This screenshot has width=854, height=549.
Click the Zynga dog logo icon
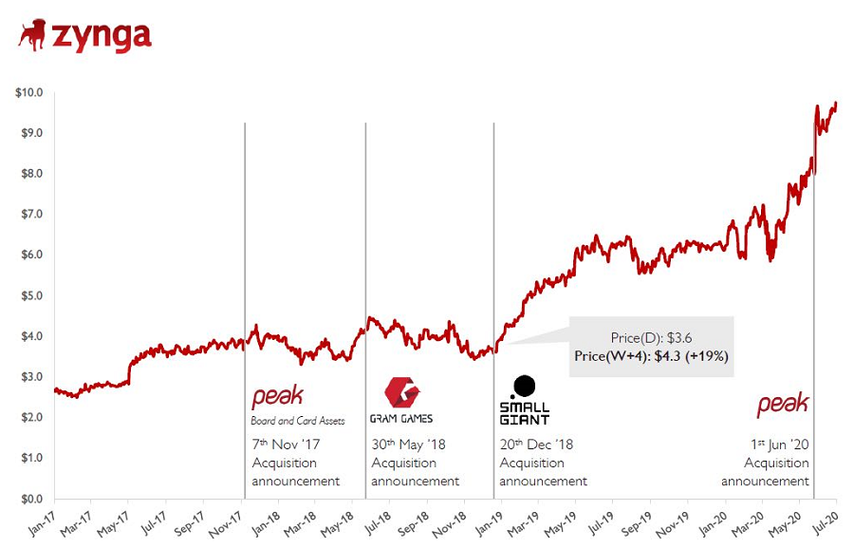coord(32,35)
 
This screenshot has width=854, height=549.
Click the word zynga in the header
coord(102,36)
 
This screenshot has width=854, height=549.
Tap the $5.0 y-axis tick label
coord(30,295)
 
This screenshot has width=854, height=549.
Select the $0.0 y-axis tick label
coord(30,499)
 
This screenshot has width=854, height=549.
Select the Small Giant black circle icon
coord(523,386)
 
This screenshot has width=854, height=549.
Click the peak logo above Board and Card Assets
coord(277,398)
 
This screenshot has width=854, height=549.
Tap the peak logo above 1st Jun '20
coord(783,405)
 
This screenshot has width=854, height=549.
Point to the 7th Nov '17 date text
coord(288,445)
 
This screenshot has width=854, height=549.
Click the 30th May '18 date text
coord(408,445)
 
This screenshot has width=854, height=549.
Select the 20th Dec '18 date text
coord(536,445)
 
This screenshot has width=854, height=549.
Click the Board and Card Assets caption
coord(298,420)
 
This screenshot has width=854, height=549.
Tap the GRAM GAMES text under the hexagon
coord(401,419)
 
